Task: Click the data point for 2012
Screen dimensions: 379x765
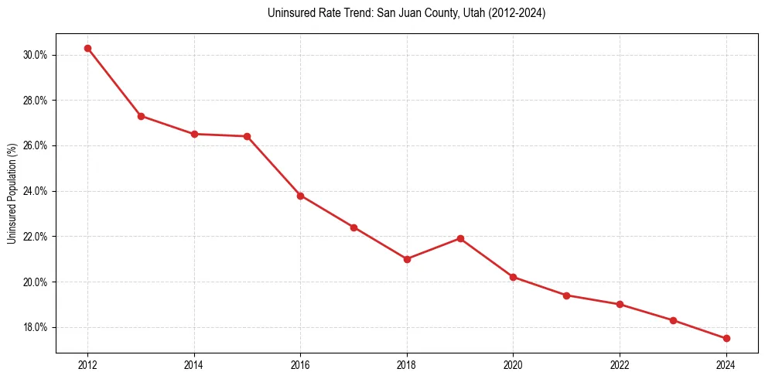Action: (x=87, y=48)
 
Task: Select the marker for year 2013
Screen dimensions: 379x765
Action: (x=141, y=116)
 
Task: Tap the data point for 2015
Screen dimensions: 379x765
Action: (x=247, y=136)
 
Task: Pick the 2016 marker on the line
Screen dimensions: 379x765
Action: (x=300, y=196)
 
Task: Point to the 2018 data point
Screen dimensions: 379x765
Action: (x=407, y=259)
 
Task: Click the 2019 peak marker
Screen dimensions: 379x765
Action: (x=460, y=238)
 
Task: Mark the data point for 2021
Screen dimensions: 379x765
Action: (x=566, y=295)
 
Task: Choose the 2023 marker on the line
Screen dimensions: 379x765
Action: (x=673, y=320)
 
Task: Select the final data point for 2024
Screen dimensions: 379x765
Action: (x=726, y=338)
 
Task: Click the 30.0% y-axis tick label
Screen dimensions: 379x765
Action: (x=36, y=55)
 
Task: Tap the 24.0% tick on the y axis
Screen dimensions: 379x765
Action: (x=36, y=191)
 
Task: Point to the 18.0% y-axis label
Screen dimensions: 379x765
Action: (x=36, y=327)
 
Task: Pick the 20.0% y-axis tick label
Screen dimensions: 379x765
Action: (x=36, y=282)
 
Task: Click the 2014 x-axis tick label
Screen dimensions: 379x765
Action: (x=194, y=364)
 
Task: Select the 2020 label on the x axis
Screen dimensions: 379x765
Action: (x=513, y=364)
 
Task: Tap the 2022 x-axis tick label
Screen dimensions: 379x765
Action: (x=620, y=364)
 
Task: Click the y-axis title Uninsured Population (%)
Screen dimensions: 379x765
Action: (x=12, y=193)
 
